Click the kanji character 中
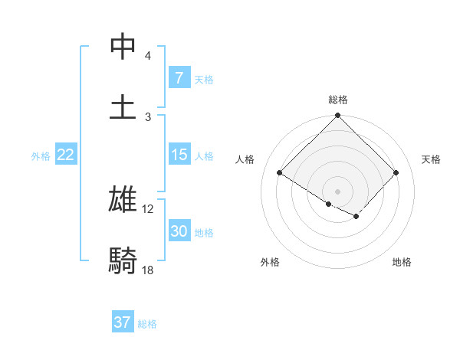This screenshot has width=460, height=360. (123, 47)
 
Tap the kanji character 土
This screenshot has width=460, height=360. (123, 106)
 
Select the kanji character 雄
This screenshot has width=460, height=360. (123, 198)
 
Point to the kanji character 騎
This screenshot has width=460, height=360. (123, 261)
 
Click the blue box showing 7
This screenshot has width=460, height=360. (179, 78)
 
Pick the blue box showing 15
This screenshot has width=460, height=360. (179, 155)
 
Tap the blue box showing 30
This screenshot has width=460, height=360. (179, 231)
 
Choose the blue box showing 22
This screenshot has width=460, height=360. (66, 155)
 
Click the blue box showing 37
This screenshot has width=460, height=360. (123, 322)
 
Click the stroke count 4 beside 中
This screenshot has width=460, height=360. (147, 56)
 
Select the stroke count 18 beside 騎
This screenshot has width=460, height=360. (147, 270)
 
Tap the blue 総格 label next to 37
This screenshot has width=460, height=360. (147, 324)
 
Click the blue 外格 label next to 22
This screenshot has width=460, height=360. (41, 156)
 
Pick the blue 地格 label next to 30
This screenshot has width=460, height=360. (204, 233)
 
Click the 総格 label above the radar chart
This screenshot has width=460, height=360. (338, 100)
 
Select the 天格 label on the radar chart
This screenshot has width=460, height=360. (431, 159)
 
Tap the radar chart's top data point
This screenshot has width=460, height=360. (338, 116)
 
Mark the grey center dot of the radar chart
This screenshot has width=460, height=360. (338, 191)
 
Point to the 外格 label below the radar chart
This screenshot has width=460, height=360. (270, 262)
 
